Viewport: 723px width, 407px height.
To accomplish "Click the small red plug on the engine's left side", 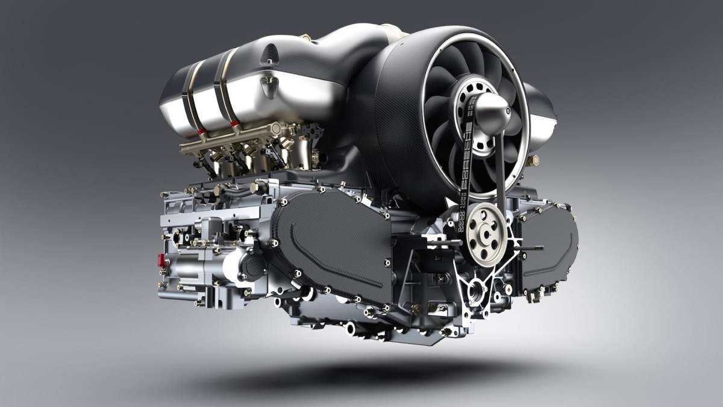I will pos(161,259).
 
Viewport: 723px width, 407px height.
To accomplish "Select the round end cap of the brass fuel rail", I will pos(275,128).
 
